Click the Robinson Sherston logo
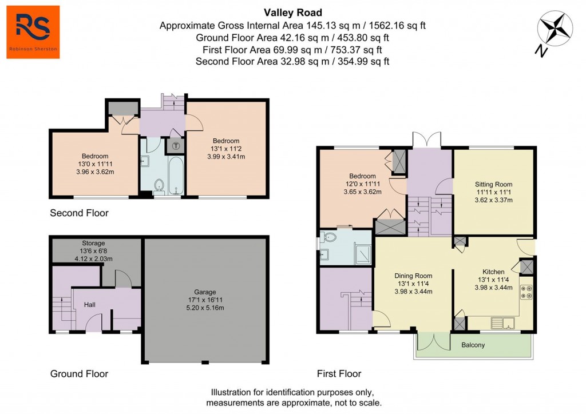click(33, 32)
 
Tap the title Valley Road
click(292, 13)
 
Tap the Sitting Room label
click(493, 184)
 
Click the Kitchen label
click(493, 271)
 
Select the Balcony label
click(473, 345)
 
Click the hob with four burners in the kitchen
click(526, 292)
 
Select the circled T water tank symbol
click(176, 146)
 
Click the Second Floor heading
click(79, 213)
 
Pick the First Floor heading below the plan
click(339, 374)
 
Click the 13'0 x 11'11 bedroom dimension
click(95, 164)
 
